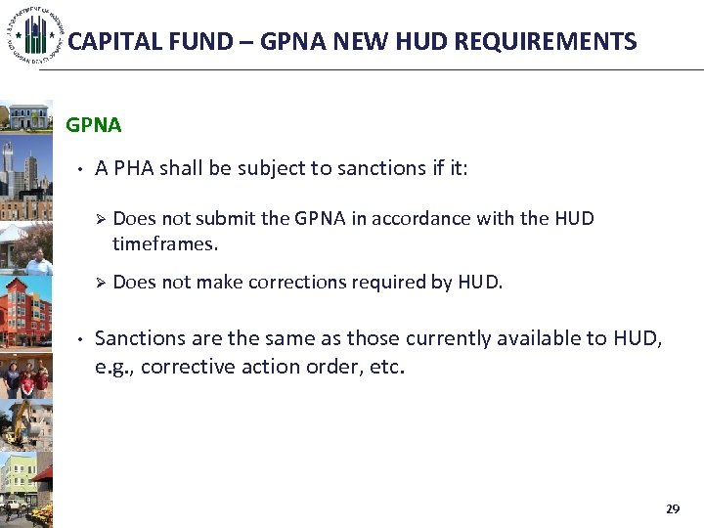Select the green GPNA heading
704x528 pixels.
click(93, 125)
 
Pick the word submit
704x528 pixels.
click(226, 218)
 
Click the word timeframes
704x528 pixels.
click(164, 243)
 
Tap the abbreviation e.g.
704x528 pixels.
click(112, 368)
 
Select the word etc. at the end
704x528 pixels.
click(387, 368)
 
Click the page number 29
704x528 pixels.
click(672, 509)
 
